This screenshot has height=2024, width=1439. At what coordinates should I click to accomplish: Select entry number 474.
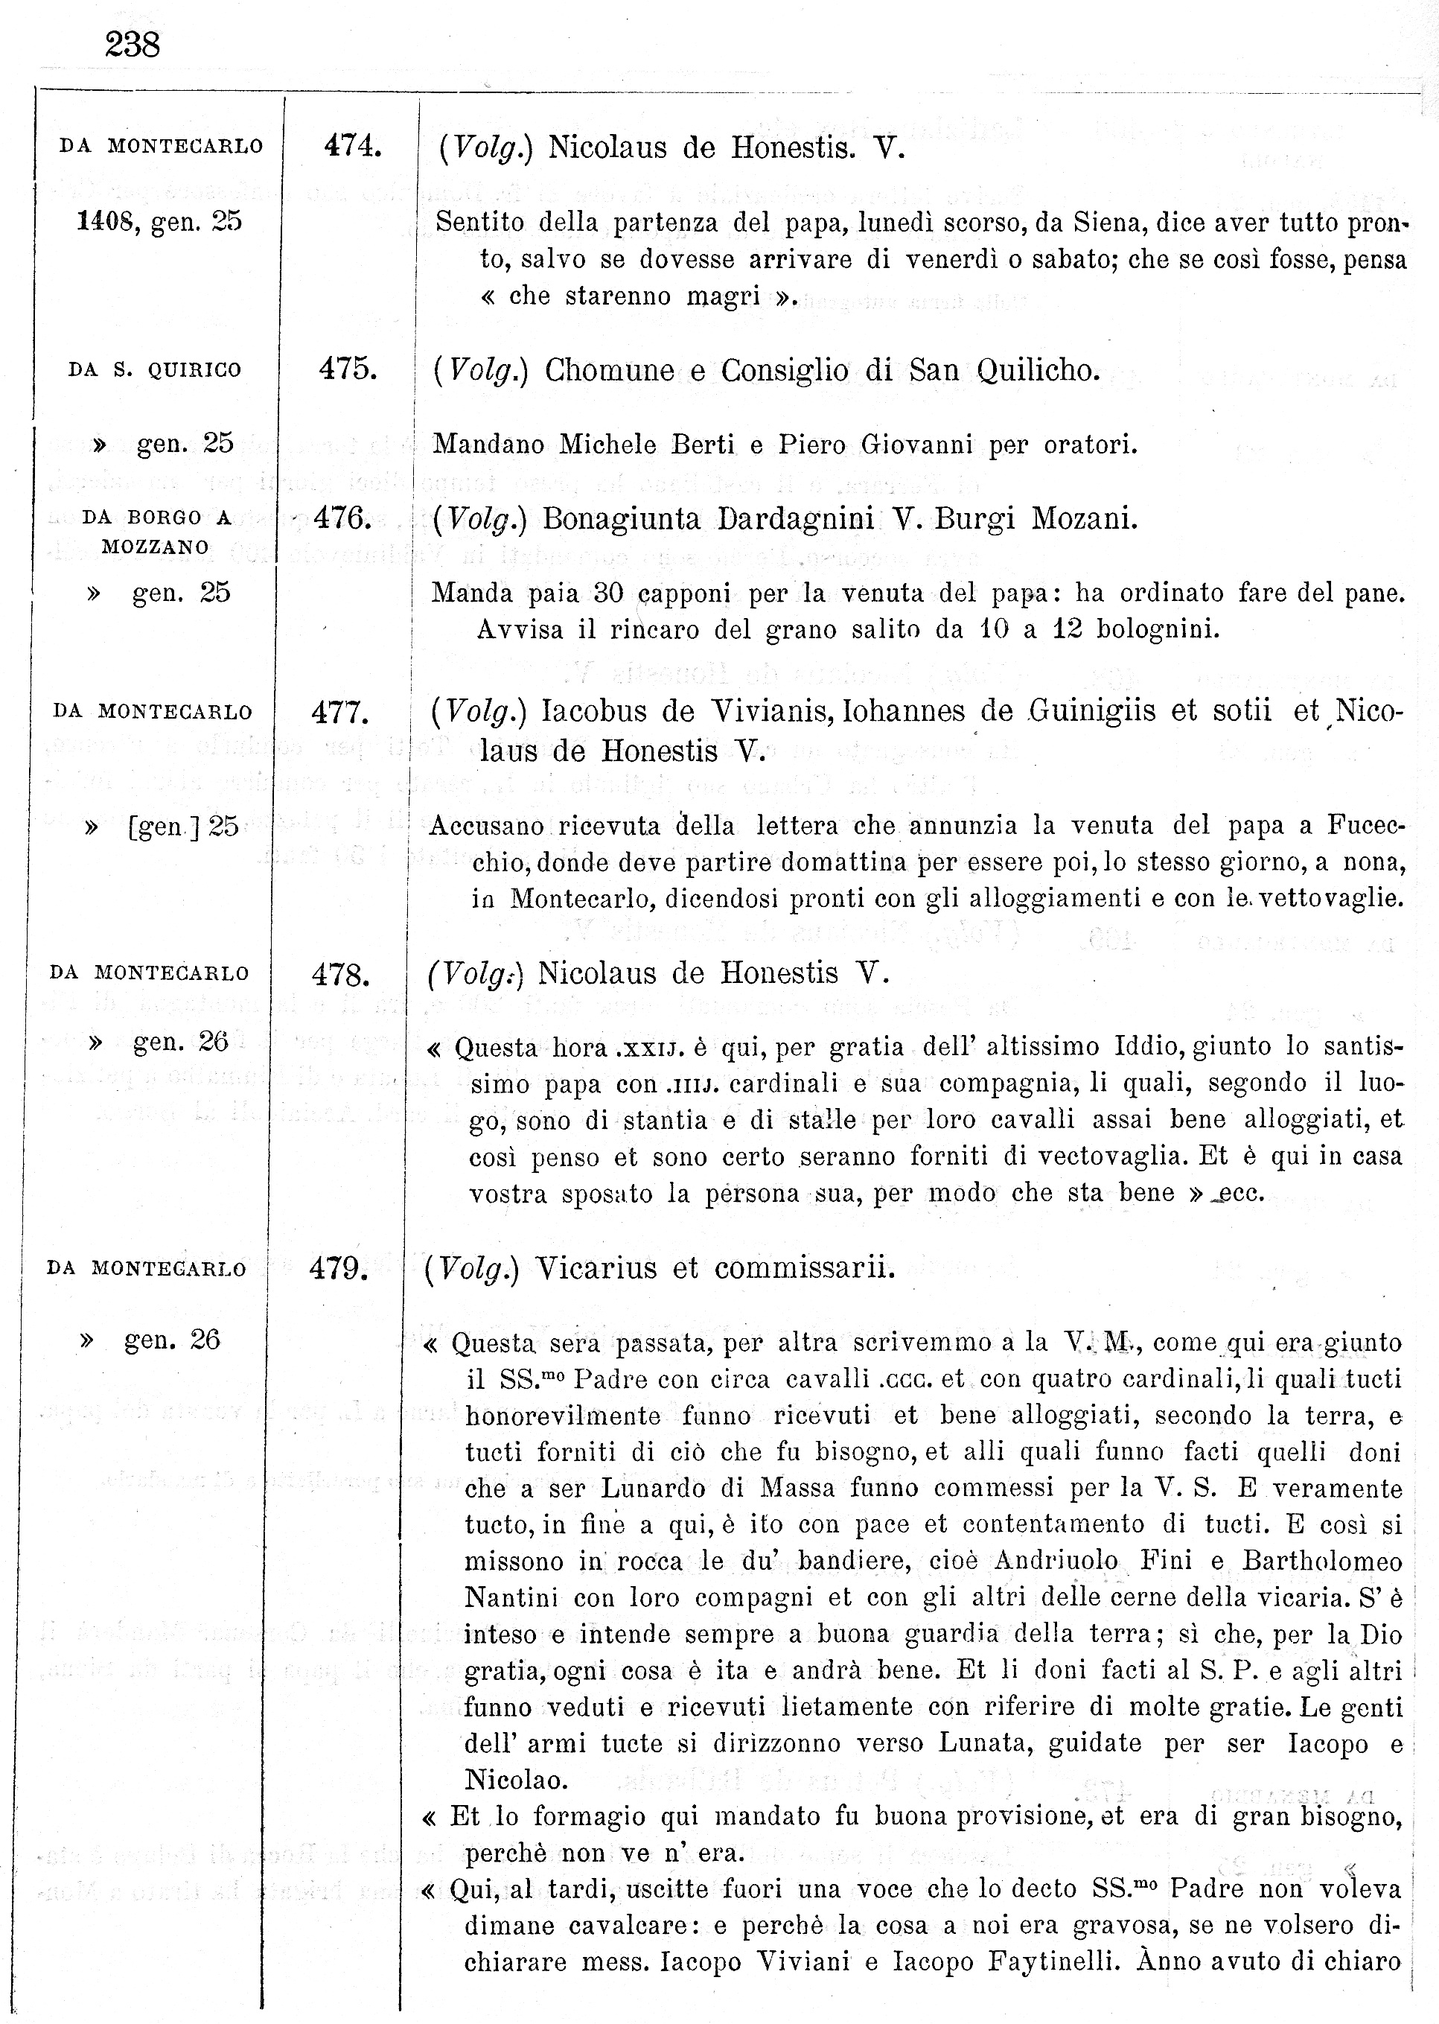(353, 145)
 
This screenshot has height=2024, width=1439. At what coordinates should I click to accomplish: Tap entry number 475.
(348, 369)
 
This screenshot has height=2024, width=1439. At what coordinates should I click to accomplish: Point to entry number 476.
(343, 518)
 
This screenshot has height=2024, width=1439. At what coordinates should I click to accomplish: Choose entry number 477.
(340, 712)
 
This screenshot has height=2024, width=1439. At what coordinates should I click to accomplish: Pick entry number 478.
(340, 975)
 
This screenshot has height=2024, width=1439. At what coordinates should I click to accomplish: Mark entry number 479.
(339, 1269)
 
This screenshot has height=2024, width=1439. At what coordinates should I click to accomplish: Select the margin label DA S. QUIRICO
(155, 369)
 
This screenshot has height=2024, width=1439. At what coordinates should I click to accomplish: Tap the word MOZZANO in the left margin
(155, 547)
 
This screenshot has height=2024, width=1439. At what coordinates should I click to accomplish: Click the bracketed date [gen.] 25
(183, 827)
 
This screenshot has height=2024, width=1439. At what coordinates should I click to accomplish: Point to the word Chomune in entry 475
(610, 369)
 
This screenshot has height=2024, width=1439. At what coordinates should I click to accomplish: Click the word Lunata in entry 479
(986, 1743)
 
